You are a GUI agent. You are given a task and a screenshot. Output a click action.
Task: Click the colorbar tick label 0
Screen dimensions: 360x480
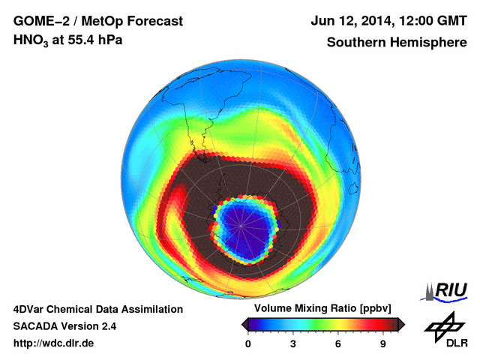tap(248, 343)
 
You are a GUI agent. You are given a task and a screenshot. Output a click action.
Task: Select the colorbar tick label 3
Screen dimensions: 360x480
tap(293, 343)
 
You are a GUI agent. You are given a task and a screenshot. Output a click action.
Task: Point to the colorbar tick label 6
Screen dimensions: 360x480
tap(338, 343)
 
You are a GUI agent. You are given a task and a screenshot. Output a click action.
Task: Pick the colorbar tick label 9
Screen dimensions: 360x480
tap(382, 343)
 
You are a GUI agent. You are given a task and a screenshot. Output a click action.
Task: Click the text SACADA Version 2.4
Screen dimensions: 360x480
tap(64, 326)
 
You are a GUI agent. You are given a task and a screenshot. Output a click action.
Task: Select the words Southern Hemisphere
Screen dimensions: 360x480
tap(397, 42)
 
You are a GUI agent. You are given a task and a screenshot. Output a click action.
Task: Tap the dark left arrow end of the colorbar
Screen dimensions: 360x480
tap(244, 324)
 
